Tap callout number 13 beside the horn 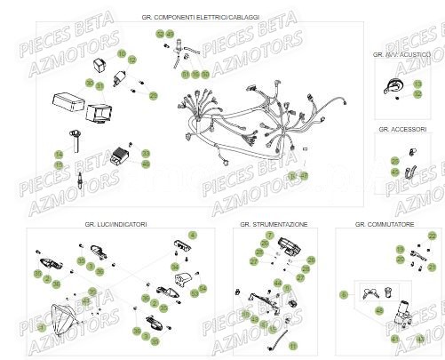point(417,84)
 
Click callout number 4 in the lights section point(194,234)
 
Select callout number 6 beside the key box point(345,292)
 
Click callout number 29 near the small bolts point(154,95)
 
